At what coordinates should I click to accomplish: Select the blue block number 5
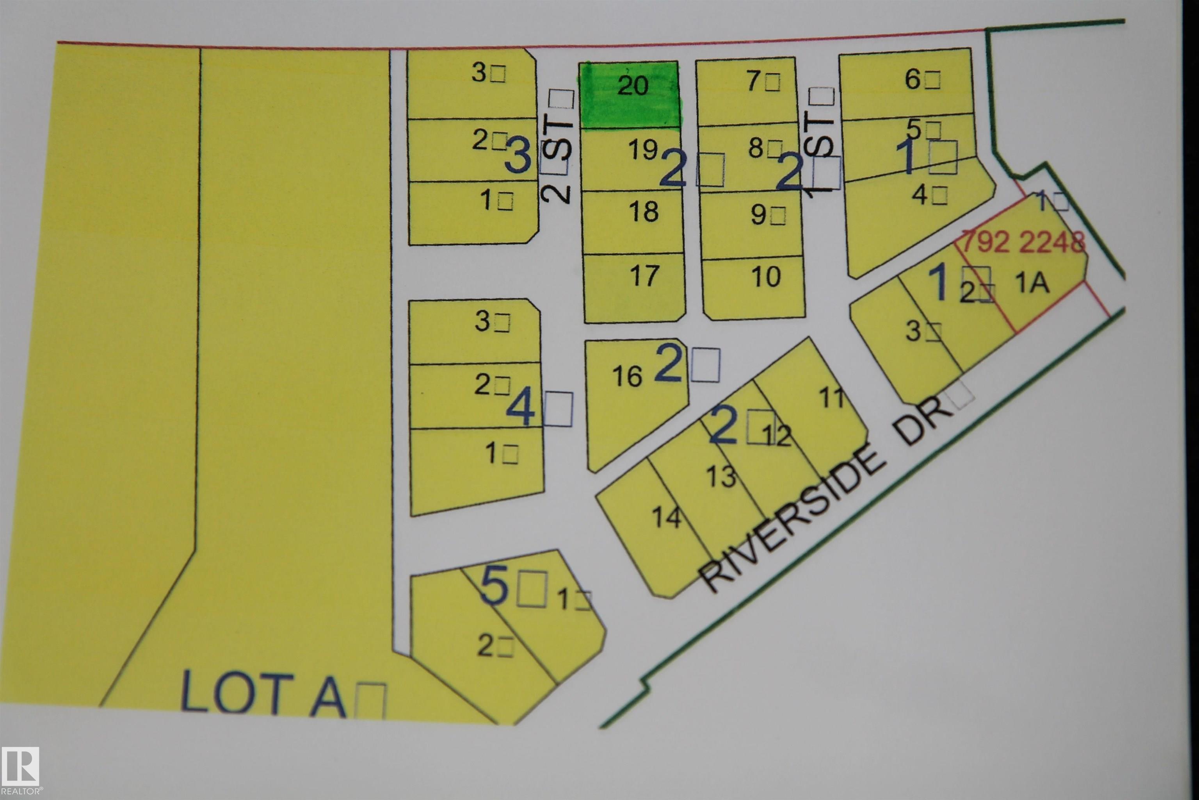point(495,588)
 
